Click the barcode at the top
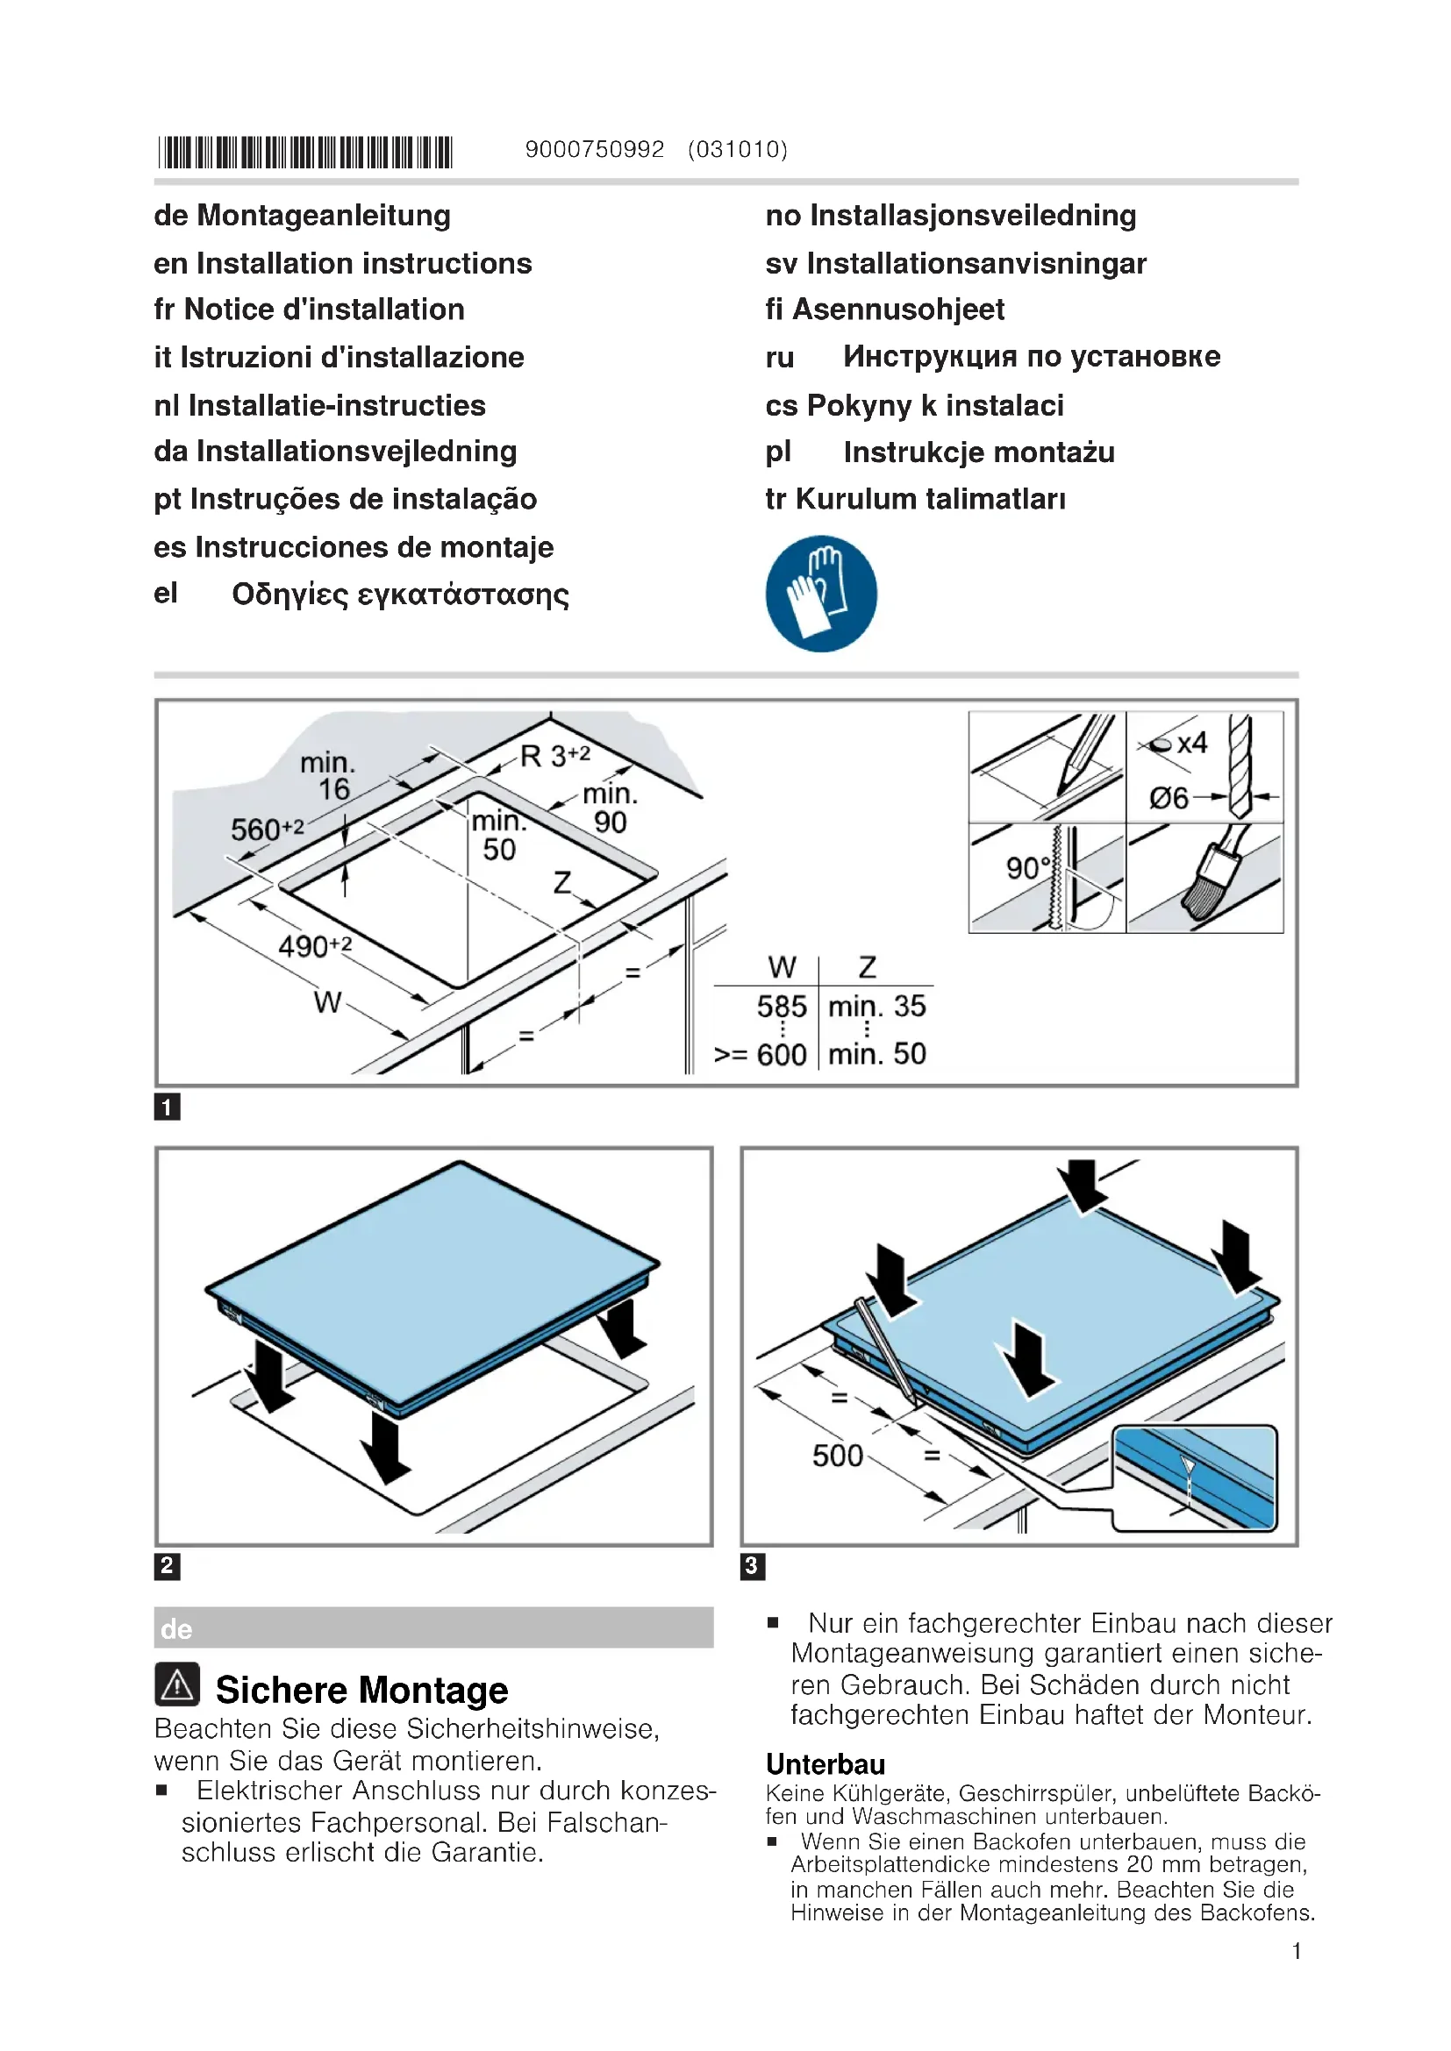305,152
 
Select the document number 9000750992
594,149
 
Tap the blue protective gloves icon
821,594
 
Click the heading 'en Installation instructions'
342,264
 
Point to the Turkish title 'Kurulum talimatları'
930,499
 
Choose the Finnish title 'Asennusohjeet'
898,310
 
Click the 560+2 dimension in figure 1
267,829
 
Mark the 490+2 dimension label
315,946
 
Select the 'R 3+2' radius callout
554,757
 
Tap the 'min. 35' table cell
876,1007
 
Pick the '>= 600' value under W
761,1055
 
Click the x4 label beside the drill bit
1192,744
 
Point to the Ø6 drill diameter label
1169,797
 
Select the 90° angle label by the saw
1027,867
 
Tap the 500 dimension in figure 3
837,1456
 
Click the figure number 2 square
167,1566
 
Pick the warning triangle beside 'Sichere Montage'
177,1685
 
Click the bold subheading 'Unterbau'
826,1765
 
